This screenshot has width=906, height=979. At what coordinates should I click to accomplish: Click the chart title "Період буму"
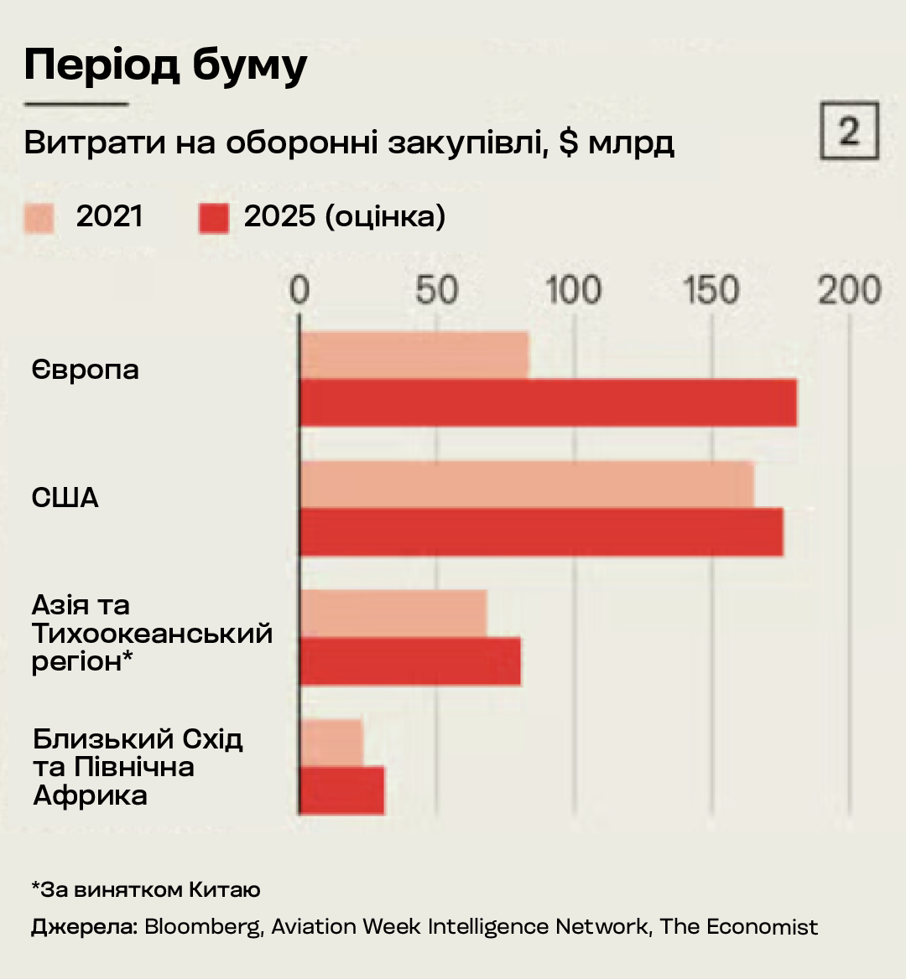pyautogui.click(x=166, y=65)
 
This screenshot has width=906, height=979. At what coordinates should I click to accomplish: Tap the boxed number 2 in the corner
pyautogui.click(x=849, y=131)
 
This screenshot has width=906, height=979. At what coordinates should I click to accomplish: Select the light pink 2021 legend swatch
pyautogui.click(x=39, y=218)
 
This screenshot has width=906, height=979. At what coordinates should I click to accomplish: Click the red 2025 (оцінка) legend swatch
pyautogui.click(x=214, y=218)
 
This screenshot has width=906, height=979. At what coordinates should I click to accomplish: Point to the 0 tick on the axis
pyautogui.click(x=299, y=290)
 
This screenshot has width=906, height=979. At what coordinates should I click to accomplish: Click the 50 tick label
pyautogui.click(x=437, y=290)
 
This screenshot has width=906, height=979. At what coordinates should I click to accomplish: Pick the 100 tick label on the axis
pyautogui.click(x=575, y=290)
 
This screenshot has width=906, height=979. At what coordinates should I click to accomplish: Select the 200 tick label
pyautogui.click(x=850, y=290)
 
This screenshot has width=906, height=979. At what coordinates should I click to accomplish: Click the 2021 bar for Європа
pyautogui.click(x=414, y=355)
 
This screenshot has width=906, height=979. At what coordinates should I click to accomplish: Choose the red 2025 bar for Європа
pyautogui.click(x=548, y=402)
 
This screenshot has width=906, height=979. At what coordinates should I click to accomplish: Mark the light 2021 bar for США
pyautogui.click(x=527, y=484)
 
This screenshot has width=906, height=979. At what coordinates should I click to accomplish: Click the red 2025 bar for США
pyautogui.click(x=541, y=531)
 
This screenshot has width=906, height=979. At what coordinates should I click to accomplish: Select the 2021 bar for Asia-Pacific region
pyautogui.click(x=393, y=613)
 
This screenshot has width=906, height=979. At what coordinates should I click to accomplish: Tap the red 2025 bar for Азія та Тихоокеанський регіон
pyautogui.click(x=410, y=661)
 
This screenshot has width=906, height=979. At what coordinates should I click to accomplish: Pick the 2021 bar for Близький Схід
pyautogui.click(x=331, y=742)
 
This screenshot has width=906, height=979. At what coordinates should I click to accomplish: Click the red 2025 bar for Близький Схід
pyautogui.click(x=342, y=790)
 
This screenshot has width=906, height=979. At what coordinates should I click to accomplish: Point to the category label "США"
pyautogui.click(x=65, y=498)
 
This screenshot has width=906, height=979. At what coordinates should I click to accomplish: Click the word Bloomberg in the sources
pyautogui.click(x=202, y=926)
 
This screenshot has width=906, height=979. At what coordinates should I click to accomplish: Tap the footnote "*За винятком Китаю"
pyautogui.click(x=146, y=889)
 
